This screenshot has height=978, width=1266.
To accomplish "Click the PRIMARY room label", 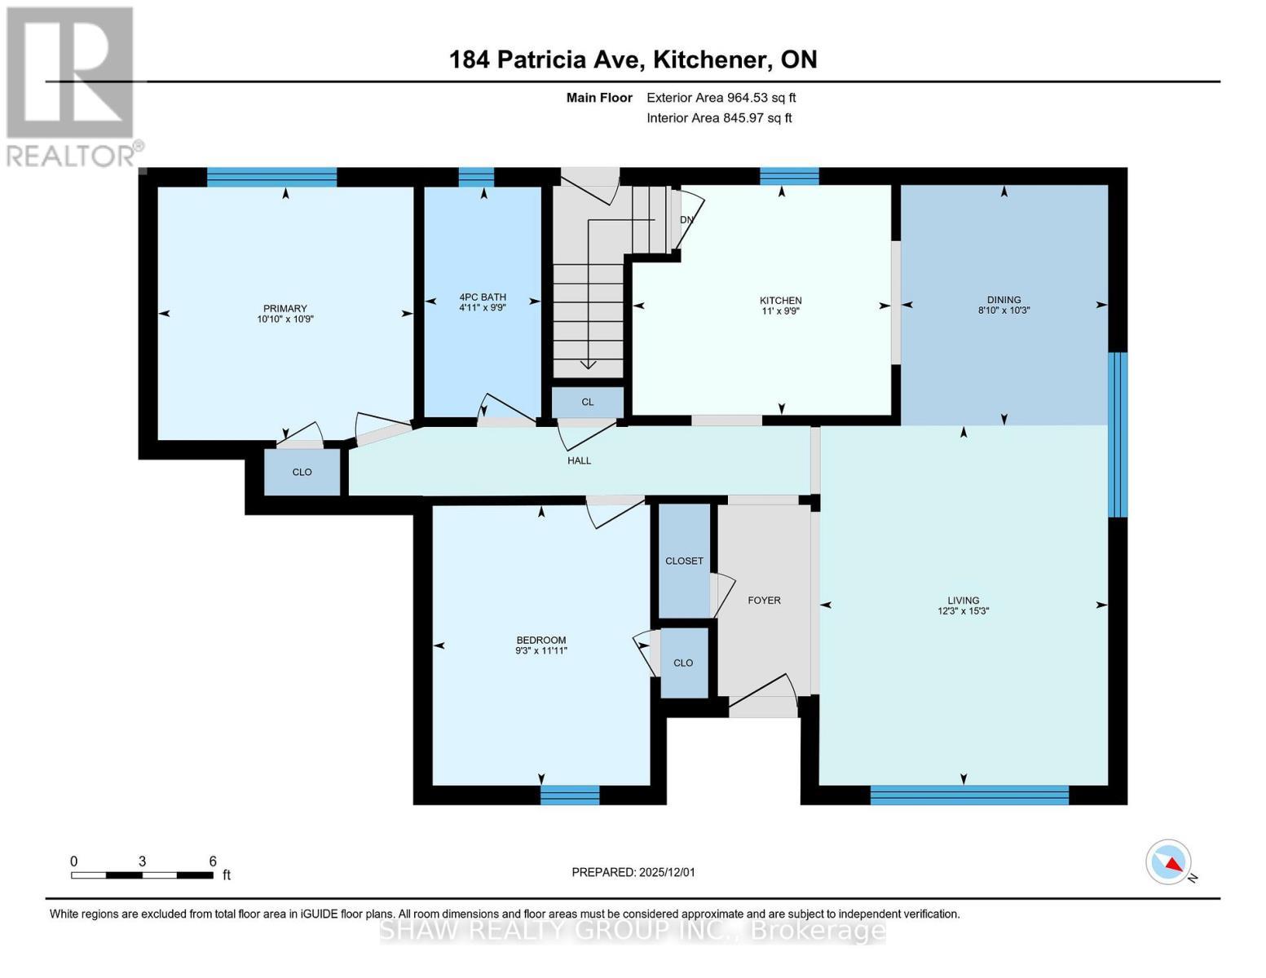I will pos(285,308).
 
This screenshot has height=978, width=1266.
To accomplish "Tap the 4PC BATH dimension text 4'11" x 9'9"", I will pos(483,308).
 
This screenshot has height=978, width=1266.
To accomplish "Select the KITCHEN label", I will pos(780,301).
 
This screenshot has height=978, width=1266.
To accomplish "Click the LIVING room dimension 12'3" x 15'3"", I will pos(963,611).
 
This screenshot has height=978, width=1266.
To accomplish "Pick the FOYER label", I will pos(764,601).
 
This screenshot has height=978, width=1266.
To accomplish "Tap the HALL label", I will pos(579,460).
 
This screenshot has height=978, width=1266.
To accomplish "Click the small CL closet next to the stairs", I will pos(588,402).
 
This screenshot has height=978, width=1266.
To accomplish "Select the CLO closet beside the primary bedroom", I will pos(302,472).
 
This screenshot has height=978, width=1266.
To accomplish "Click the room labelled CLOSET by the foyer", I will pos(684,561).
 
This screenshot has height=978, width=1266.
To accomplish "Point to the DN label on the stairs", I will pos(686,220).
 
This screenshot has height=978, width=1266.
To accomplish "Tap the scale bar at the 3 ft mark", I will pos(143,875).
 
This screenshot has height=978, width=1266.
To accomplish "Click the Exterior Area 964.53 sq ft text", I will pos(721,98).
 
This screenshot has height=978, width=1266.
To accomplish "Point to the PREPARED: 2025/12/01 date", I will pos(633,872).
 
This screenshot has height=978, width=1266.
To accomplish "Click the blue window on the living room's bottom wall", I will pos(968,795).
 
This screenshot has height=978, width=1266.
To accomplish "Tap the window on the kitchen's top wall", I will pos(788,176).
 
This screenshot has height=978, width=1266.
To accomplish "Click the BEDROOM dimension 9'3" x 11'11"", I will pos(540,650).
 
